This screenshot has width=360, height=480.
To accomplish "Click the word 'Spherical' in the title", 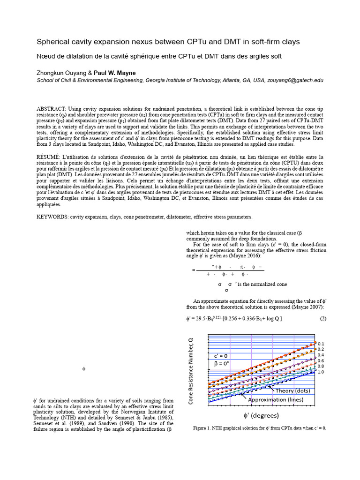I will click(x=53, y=42).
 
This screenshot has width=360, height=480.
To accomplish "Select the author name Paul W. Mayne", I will click(x=115, y=73).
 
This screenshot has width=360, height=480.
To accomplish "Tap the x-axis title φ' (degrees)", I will click(x=254, y=415).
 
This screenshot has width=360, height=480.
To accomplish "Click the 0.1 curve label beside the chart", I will click(x=321, y=344).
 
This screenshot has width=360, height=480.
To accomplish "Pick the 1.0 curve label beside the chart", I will click(x=321, y=372).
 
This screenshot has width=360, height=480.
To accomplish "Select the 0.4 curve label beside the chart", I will click(x=321, y=355).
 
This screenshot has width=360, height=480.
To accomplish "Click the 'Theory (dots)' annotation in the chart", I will click(x=292, y=390).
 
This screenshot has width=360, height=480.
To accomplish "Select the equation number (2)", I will click(x=323, y=319).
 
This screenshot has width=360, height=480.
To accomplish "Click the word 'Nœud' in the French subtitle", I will click(x=47, y=56).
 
